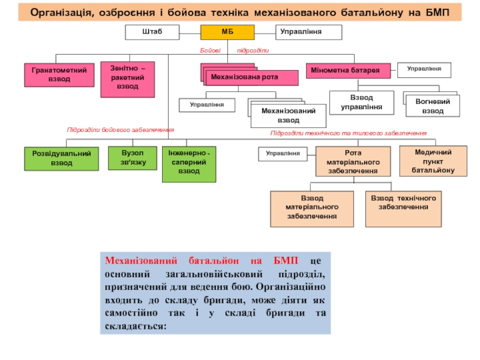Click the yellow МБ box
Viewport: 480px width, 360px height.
point(227,32)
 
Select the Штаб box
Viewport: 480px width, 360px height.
point(152,32)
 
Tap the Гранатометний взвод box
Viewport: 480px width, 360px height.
point(59,75)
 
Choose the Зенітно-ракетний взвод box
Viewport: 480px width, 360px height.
point(128,80)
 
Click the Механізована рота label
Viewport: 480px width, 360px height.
point(244,77)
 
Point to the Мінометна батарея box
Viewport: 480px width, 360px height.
point(349,71)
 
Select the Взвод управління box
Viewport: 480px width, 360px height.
point(362,103)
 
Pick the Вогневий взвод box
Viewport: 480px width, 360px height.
point(433,106)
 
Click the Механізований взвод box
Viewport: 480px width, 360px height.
point(289,116)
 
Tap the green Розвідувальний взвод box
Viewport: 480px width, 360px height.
point(62,158)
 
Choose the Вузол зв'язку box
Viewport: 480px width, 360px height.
point(133,158)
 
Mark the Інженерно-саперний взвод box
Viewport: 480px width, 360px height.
point(189,164)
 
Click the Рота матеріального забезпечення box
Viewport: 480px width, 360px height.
point(353,161)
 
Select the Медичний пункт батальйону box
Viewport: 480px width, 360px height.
point(433,161)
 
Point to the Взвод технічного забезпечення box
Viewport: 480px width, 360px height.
point(403,209)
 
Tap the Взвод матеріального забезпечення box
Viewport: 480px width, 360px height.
point(312,209)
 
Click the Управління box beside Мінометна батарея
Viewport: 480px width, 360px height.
point(424,70)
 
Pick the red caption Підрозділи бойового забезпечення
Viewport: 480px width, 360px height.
point(121,130)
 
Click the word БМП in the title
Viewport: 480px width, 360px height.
point(437,13)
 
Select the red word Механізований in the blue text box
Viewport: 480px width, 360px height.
point(141,260)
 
